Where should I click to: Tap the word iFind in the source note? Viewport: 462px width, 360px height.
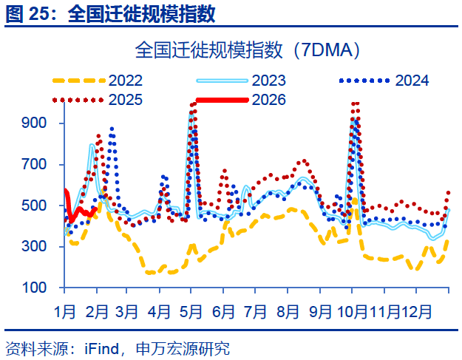pyautogui.click(x=103, y=348)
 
